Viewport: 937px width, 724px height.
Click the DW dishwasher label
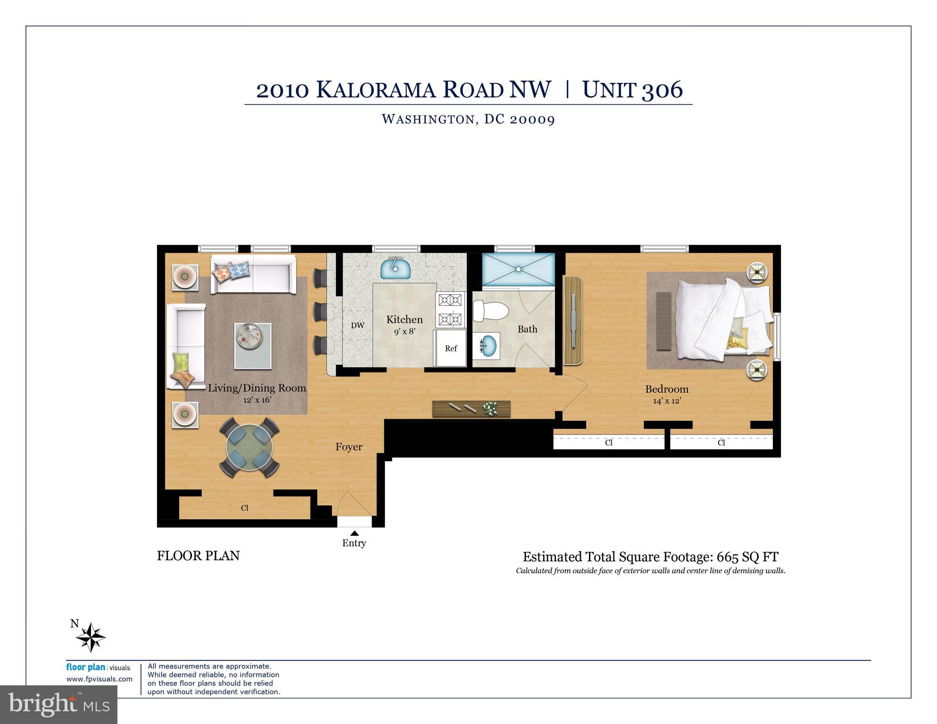tap(357, 325)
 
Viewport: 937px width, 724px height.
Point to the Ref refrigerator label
tap(451, 349)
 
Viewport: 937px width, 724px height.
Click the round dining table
tap(249, 447)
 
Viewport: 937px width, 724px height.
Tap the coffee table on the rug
tap(253, 346)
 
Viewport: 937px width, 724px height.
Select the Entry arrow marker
tap(355, 533)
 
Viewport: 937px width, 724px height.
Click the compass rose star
tap(91, 638)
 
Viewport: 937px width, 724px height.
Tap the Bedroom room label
tap(666, 389)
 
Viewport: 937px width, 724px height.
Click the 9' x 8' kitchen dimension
tap(405, 332)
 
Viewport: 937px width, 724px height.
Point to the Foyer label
tap(348, 447)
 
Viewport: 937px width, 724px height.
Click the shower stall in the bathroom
tap(518, 269)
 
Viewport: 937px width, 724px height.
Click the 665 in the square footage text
tap(726, 557)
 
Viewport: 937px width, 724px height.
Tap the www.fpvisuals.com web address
tap(99, 679)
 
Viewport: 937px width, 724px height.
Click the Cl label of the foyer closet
tap(244, 508)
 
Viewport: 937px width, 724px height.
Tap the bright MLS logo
tap(58, 704)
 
